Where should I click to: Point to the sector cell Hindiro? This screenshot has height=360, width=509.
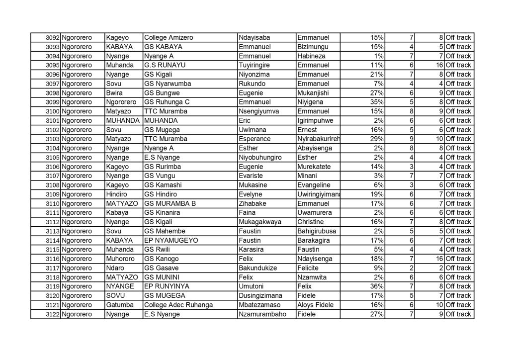coord(116,194)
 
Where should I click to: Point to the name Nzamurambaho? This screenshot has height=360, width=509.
coord(262,314)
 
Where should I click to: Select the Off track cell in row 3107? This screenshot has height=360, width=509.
coord(458,176)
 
